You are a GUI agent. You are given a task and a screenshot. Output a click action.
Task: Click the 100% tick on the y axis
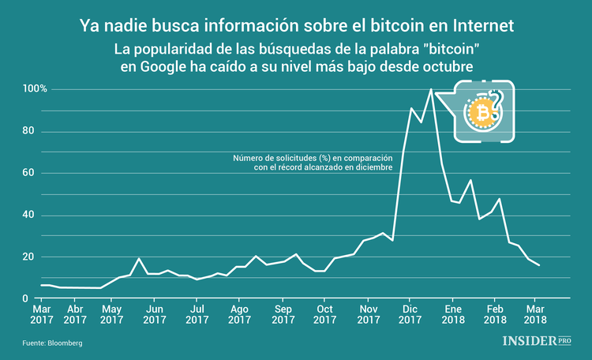[36, 89]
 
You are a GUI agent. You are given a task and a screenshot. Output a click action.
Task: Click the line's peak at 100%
[430, 89]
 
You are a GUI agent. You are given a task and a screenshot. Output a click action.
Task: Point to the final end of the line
[539, 265]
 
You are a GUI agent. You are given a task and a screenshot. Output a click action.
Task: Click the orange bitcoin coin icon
[480, 114]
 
